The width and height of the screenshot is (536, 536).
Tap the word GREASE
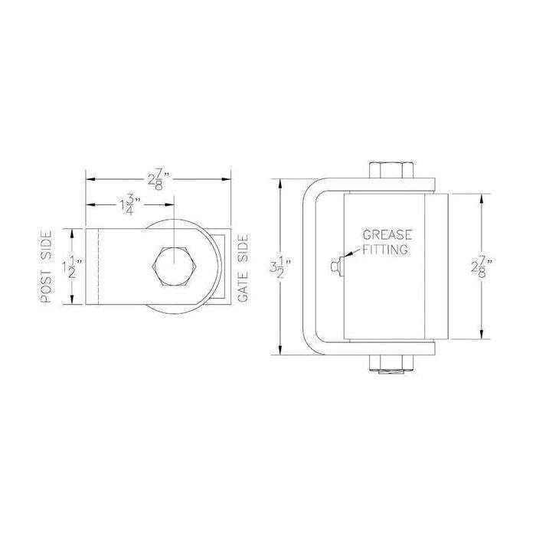click(x=386, y=236)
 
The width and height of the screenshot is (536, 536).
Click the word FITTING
click(x=386, y=249)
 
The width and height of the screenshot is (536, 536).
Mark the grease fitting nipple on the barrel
click(x=335, y=265)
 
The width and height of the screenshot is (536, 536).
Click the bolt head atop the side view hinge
click(x=391, y=170)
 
